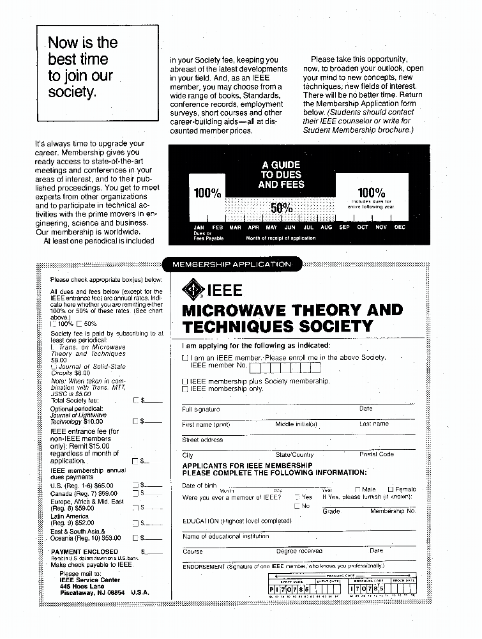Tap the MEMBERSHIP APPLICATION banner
[x=232, y=264]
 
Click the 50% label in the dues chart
[x=282, y=208]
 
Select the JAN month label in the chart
[x=199, y=227]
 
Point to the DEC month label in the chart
[x=400, y=227]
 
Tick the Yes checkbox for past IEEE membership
[x=297, y=497]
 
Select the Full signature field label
[x=201, y=409]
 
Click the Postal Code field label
[x=377, y=454]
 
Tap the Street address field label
[x=203, y=440]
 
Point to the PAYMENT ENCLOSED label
[x=85, y=551]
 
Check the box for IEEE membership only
[x=185, y=389]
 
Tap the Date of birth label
[x=200, y=486]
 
